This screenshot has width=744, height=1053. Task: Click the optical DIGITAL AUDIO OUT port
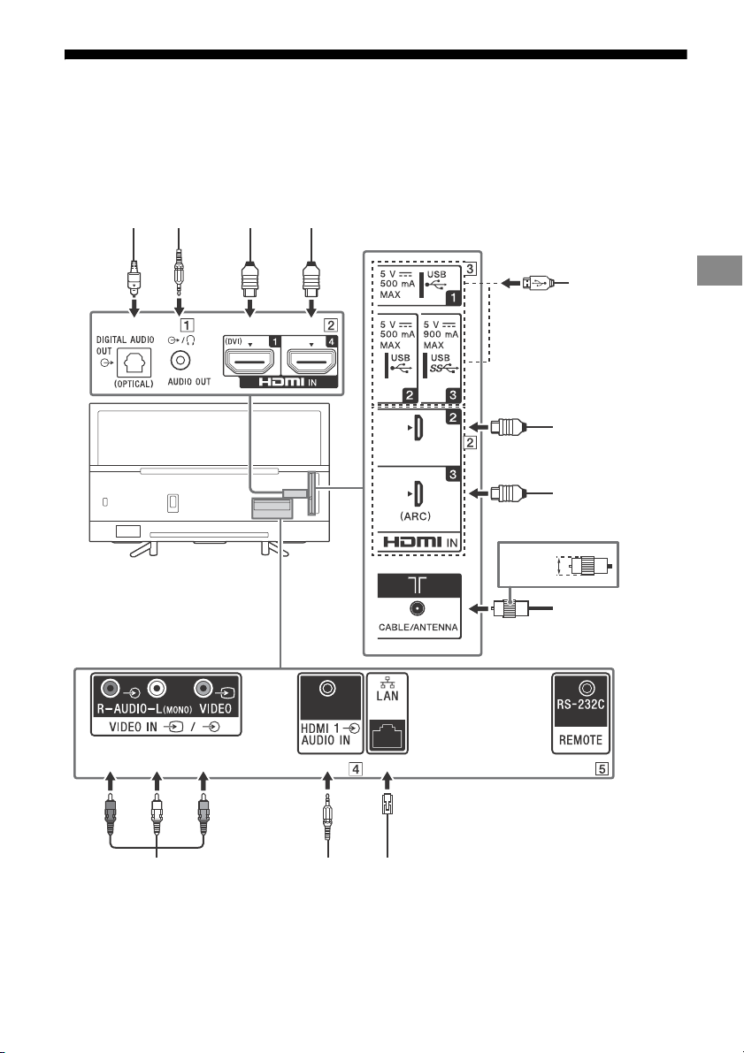pos(134,362)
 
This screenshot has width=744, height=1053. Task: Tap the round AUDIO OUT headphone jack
pos(180,361)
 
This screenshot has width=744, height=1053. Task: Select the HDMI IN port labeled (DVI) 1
pos(250,362)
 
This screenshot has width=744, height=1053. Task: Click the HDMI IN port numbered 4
pos(311,362)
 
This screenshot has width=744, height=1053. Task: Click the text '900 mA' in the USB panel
pos(441,334)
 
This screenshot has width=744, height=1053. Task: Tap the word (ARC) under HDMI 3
pos(415,516)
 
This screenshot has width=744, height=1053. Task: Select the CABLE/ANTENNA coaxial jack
pos(418,608)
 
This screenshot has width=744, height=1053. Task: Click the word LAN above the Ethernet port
pos(387,696)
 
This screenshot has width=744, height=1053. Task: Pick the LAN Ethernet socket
pos(387,735)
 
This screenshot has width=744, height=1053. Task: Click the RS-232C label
pos(580,706)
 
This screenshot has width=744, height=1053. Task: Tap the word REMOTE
pos(580,740)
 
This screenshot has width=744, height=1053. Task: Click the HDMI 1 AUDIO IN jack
pos(328,689)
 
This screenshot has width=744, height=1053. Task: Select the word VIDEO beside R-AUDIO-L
pos(216,708)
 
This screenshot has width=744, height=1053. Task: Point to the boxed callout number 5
pos(602,769)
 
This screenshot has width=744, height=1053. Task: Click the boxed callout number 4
pos(356,769)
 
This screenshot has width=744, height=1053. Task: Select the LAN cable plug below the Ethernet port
pos(387,804)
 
